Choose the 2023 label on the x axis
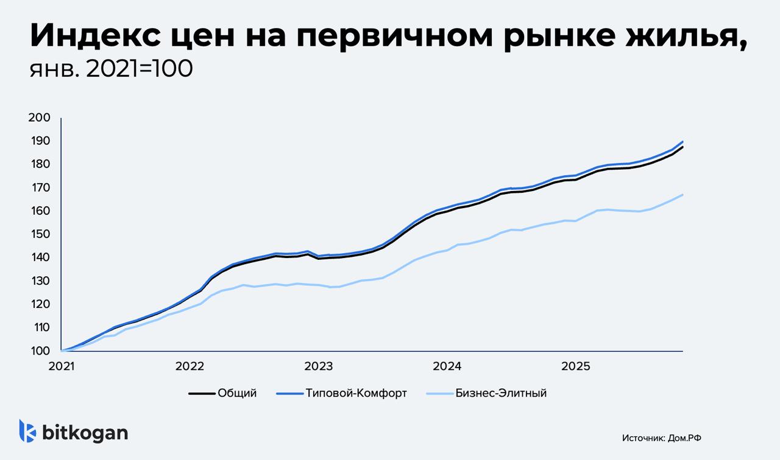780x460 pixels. click(318, 366)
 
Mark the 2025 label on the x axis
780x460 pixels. click(575, 366)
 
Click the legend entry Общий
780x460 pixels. click(237, 393)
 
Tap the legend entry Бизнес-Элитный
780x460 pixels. click(501, 393)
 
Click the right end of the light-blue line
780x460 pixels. click(682, 195)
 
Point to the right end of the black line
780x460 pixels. click(682, 147)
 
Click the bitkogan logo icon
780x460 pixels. click(27, 431)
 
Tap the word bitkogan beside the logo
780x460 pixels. click(85, 432)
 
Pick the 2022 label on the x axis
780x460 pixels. click(190, 366)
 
